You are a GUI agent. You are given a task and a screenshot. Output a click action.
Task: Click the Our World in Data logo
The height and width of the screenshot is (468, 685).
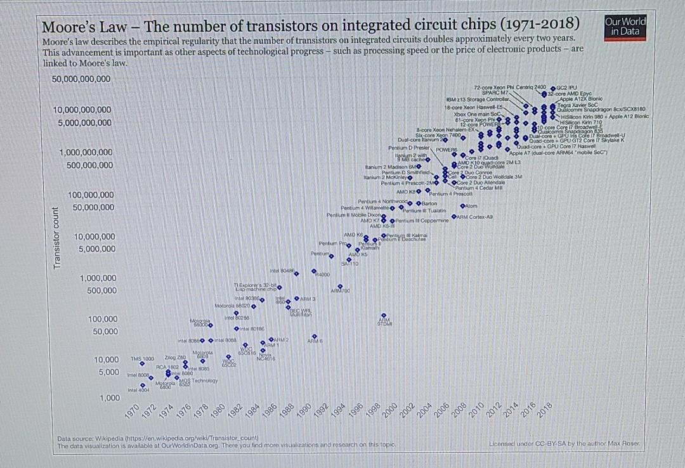coord(625,26)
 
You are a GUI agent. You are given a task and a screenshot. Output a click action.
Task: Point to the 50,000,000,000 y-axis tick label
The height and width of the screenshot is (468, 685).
coord(81,79)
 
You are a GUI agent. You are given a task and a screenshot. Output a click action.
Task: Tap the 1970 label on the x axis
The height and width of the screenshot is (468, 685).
coord(132,412)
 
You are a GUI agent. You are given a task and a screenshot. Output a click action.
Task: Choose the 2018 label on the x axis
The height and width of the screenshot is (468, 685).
coord(544,412)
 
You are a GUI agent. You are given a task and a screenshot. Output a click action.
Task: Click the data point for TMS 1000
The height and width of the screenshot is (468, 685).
coord(143,364)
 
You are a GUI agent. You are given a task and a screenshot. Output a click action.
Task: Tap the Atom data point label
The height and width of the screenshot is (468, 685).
coord(471,206)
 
